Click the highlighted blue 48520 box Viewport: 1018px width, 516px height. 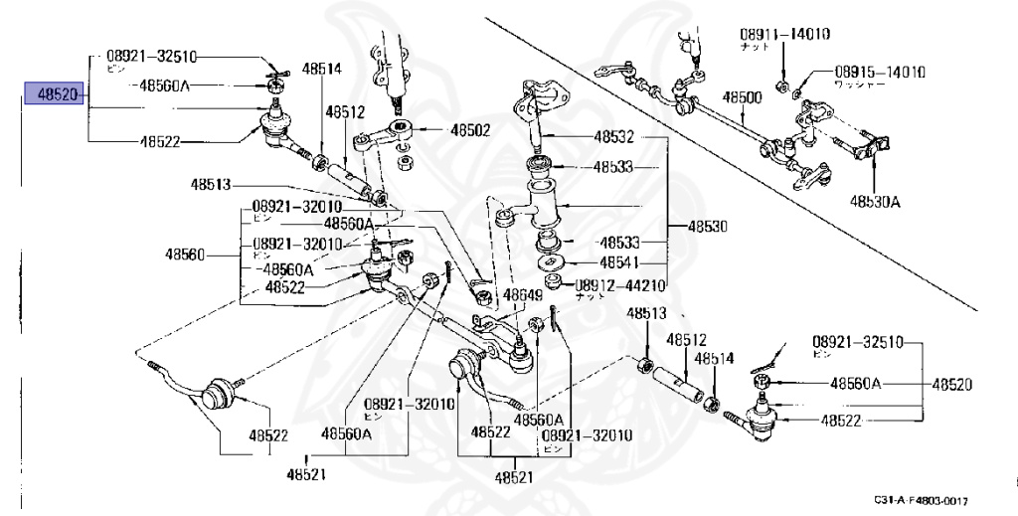coord(54,96)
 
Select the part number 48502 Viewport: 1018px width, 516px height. coord(470,129)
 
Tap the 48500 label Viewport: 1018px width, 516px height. coord(742,97)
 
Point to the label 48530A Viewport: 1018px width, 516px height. coord(875,201)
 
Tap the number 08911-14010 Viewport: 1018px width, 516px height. coord(784,34)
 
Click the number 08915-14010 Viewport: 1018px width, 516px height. coord(880,73)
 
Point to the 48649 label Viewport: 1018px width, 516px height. coord(522,295)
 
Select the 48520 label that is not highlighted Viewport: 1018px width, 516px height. coord(951,384)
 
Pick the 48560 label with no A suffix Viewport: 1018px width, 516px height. coord(185,255)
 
